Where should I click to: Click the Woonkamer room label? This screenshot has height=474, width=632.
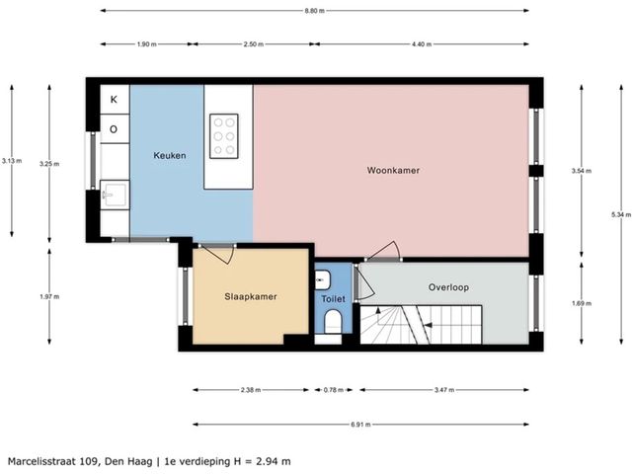click(x=393, y=170)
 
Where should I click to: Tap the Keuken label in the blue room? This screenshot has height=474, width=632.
click(x=169, y=156)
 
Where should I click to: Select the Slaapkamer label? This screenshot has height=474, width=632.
click(x=249, y=296)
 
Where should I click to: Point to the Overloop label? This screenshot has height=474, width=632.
click(x=448, y=287)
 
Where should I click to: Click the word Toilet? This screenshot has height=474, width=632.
click(x=333, y=297)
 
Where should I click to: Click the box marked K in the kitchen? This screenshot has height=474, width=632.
click(x=114, y=99)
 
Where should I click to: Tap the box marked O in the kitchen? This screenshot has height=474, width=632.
click(x=114, y=128)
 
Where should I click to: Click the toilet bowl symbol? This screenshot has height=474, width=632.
click(x=332, y=322)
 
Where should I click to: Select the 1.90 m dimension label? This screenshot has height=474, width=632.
click(x=146, y=44)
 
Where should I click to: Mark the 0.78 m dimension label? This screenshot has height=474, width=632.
click(x=332, y=390)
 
